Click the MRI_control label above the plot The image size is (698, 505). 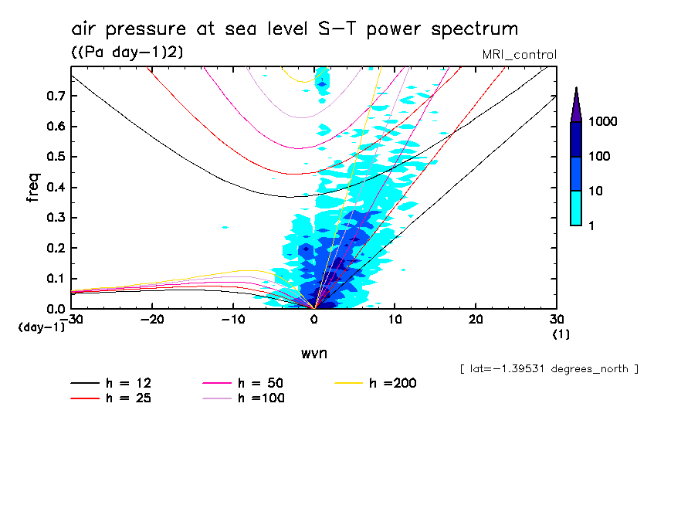(518, 54)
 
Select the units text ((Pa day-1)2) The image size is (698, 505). (126, 52)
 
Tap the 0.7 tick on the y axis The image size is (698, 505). (56, 96)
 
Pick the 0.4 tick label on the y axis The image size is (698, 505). (56, 187)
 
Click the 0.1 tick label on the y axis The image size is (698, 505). (56, 278)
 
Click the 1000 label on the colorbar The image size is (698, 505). (603, 122)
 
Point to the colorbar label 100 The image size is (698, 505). (600, 156)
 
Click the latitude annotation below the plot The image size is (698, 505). (549, 369)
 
